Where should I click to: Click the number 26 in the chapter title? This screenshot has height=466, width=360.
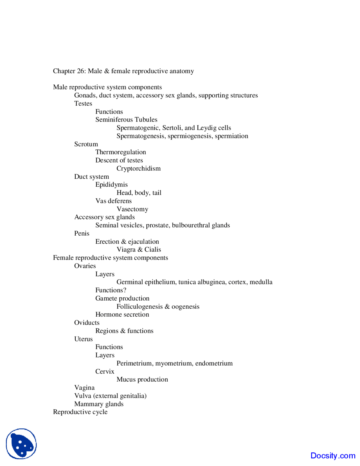click(x=80, y=71)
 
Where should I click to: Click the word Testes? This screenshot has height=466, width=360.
click(x=83, y=104)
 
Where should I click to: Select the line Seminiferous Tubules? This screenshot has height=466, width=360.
click(x=126, y=120)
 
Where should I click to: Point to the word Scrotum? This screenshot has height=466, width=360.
click(x=86, y=144)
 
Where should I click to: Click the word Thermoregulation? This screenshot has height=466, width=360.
click(x=121, y=152)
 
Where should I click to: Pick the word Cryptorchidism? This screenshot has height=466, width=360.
click(x=139, y=169)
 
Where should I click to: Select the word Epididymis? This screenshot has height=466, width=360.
click(x=111, y=185)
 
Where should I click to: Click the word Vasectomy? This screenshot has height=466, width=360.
click(x=132, y=209)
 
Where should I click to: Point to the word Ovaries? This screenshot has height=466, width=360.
click(x=85, y=266)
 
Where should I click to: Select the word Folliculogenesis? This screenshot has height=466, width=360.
click(x=139, y=307)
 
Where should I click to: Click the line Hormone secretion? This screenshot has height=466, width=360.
click(x=122, y=315)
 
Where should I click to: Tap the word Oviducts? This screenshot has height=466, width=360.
click(x=87, y=323)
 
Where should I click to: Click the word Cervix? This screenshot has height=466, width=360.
click(x=105, y=371)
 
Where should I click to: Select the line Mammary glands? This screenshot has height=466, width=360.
click(x=99, y=404)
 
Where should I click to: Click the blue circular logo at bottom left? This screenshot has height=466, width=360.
click(x=21, y=443)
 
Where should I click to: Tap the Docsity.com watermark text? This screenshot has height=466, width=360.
click(x=333, y=456)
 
